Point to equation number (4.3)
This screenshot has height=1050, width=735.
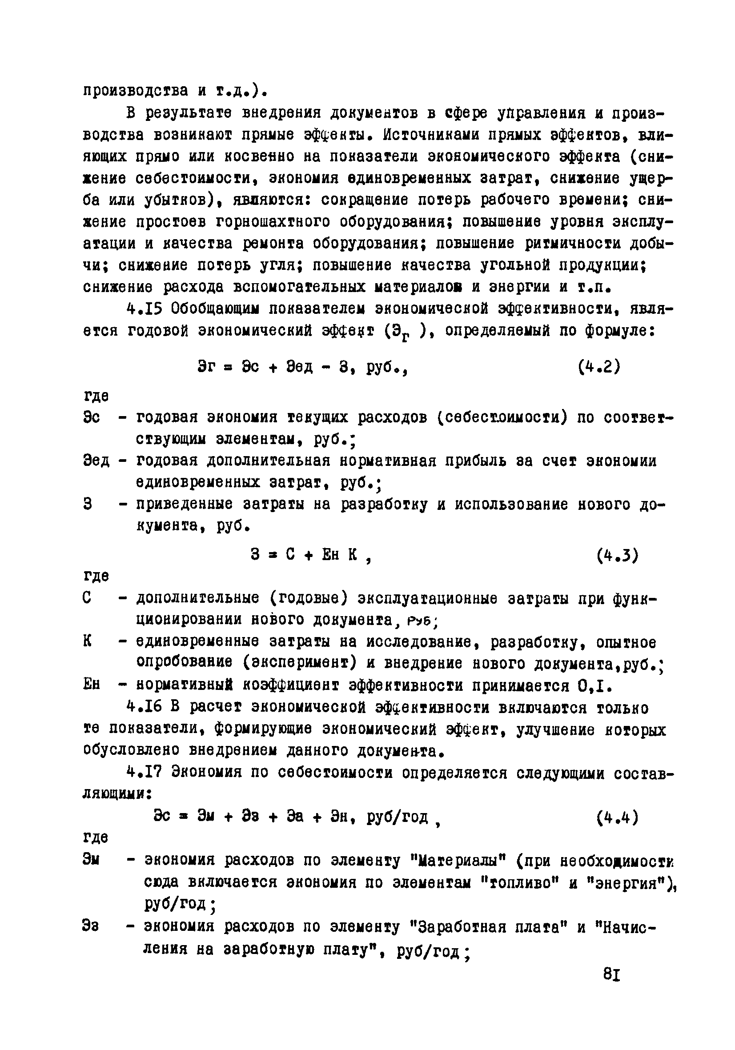click(618, 555)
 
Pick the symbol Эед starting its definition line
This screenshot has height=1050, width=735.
click(96, 461)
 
